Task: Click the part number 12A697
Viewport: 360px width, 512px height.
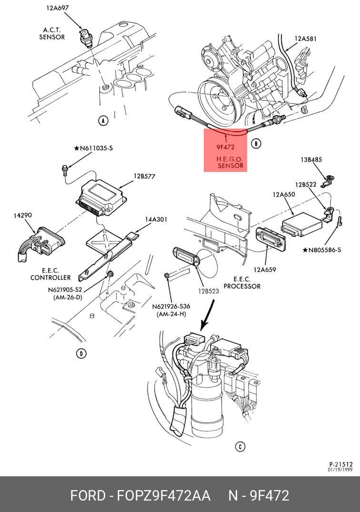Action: [x=58, y=8]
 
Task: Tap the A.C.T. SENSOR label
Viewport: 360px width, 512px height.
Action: [x=52, y=34]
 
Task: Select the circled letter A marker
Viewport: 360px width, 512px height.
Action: [x=103, y=121]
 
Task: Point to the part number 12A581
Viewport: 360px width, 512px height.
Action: [x=306, y=39]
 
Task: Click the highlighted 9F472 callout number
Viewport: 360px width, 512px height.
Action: [x=225, y=147]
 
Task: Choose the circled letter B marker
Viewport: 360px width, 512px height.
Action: [x=256, y=143]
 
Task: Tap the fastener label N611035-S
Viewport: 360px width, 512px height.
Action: [x=93, y=148]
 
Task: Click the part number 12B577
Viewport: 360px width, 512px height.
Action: [x=144, y=176]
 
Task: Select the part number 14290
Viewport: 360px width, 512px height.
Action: [x=22, y=215]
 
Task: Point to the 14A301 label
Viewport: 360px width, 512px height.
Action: [x=156, y=220]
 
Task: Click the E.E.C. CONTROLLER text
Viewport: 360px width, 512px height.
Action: [x=50, y=274]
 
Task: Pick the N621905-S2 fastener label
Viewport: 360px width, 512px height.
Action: [x=65, y=290]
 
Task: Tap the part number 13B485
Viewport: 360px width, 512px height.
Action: [x=311, y=160]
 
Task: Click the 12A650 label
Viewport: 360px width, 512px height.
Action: [x=284, y=195]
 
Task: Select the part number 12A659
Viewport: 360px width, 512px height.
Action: [x=265, y=270]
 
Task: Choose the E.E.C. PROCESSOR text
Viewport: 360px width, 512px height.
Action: [x=242, y=283]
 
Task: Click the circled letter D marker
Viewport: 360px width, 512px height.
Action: [x=81, y=353]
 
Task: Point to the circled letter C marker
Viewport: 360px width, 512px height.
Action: [x=240, y=446]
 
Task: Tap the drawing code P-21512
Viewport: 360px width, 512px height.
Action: [x=341, y=464]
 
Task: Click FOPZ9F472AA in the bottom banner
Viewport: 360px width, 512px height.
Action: [x=163, y=495]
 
